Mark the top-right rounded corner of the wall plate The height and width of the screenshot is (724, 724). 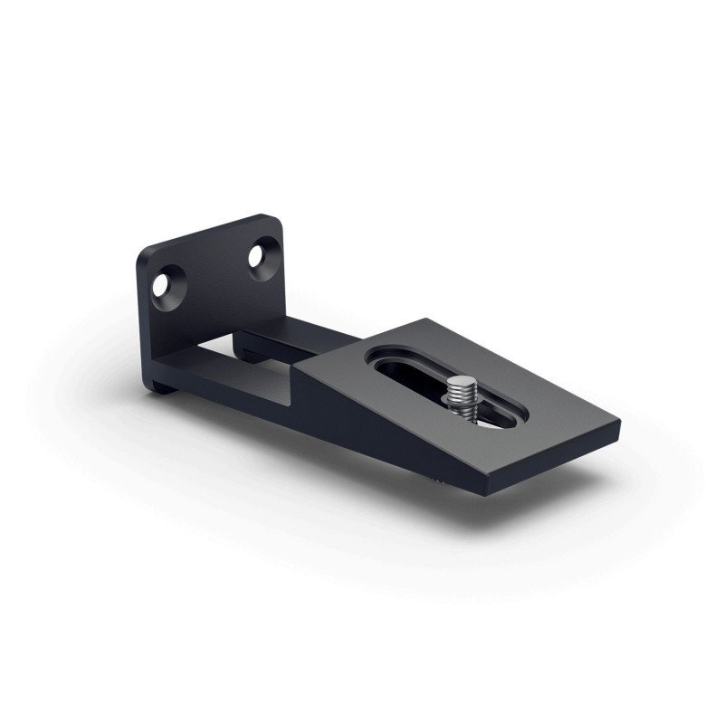(271, 218)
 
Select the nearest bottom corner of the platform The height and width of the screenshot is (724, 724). (491, 493)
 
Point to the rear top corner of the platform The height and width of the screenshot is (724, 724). (424, 319)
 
